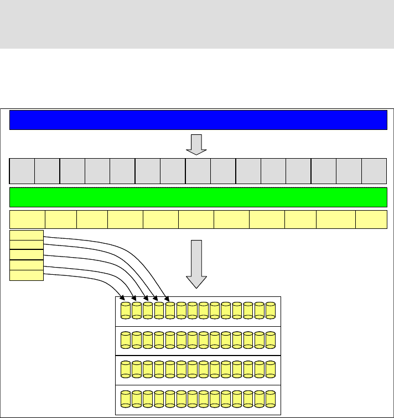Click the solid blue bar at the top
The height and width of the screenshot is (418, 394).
point(198,119)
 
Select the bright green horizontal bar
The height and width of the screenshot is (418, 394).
point(198,197)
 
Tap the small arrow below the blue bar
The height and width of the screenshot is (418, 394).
point(196,143)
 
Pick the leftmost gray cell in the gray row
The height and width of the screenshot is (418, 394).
point(22,170)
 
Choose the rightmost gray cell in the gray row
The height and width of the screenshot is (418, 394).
point(374,170)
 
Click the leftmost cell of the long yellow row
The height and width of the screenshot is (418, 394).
point(27,220)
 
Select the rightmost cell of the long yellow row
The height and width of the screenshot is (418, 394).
point(371,220)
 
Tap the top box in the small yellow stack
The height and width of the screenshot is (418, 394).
point(27,236)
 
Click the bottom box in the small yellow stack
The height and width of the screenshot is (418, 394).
point(27,275)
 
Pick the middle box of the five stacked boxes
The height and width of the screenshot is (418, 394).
point(27,255)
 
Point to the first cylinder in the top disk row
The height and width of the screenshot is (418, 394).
point(126,311)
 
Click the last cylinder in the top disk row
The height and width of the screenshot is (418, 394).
point(270,311)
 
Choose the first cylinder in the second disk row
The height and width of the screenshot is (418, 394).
point(126,340)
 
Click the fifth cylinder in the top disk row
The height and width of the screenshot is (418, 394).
point(170,311)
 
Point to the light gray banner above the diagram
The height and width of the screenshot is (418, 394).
point(197,24)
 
